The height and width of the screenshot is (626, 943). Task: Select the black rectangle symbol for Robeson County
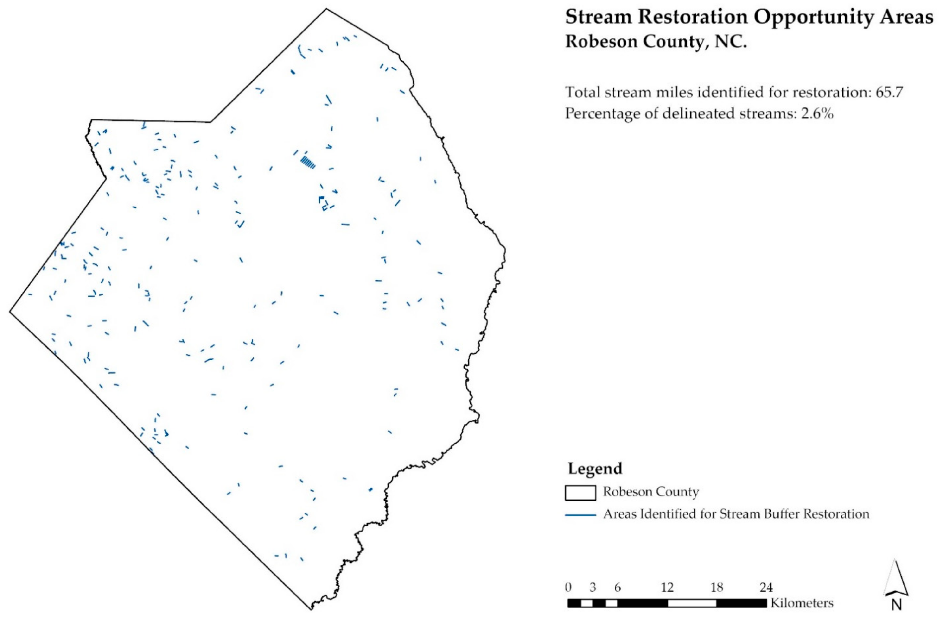coord(580,493)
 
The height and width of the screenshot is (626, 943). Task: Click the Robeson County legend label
coord(651,492)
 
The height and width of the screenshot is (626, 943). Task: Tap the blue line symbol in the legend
coord(580,515)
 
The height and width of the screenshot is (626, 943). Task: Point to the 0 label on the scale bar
coord(568,588)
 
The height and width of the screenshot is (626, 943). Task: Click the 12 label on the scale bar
coord(667,588)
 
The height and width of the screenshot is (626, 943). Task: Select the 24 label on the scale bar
coord(766,588)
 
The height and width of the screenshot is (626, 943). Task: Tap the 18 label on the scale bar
coord(717,588)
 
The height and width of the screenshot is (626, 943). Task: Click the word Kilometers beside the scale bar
coord(802,603)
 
